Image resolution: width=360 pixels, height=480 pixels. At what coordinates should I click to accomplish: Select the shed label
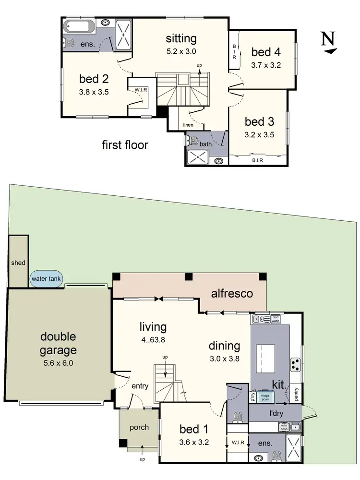(x=18, y=263)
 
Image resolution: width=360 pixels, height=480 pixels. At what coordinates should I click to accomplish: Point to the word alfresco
(x=233, y=294)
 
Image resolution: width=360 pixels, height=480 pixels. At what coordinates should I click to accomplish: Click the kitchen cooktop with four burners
(x=295, y=365)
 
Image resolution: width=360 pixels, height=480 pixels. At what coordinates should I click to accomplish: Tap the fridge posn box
(x=264, y=397)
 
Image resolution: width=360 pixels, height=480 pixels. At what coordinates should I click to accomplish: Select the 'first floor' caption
(x=125, y=144)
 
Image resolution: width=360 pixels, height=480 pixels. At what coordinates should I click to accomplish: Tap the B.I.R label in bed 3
(x=257, y=160)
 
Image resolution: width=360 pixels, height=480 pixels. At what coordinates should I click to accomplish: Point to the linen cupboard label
(x=188, y=125)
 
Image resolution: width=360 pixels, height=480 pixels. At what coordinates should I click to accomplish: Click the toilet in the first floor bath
(x=193, y=141)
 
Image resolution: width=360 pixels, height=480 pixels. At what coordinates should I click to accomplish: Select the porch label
(x=139, y=427)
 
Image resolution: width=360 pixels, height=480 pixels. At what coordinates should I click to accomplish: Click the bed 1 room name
(x=193, y=429)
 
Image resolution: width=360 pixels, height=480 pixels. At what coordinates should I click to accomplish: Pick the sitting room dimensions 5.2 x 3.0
(x=181, y=51)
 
